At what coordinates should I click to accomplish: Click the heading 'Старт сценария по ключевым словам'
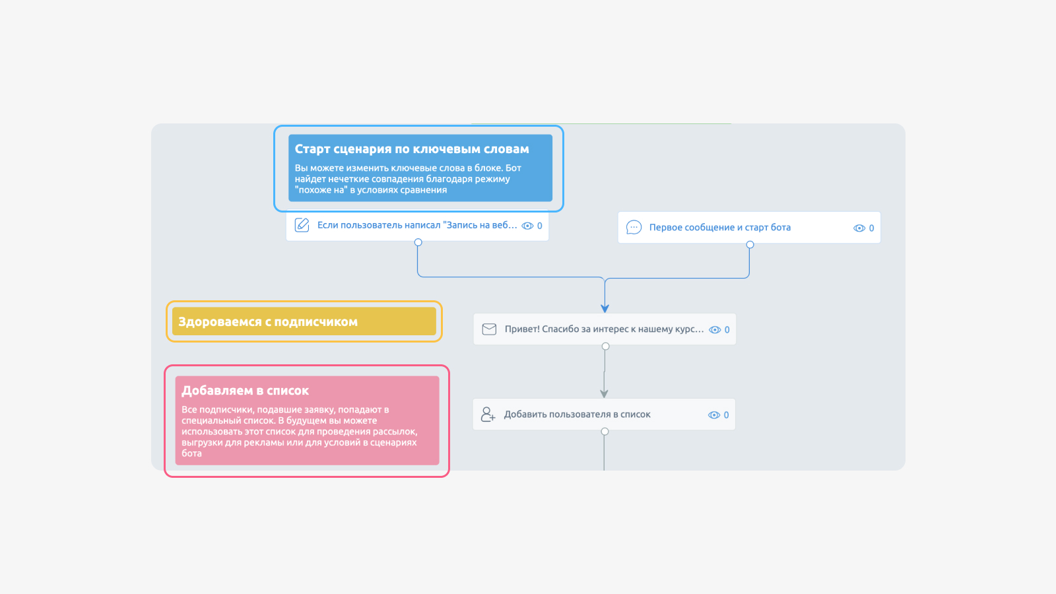coord(412,149)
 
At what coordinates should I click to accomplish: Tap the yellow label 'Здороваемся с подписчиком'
coord(268,321)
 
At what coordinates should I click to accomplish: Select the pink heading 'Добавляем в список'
coord(245,390)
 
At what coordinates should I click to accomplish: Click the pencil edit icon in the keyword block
coord(302,225)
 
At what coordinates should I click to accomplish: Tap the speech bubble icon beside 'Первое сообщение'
coord(634,227)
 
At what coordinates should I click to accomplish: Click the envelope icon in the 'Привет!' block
coord(489,329)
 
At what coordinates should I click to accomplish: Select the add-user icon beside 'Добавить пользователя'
coord(488,414)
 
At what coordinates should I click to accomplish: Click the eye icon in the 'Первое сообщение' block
coord(859,228)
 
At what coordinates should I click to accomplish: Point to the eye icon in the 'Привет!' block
coord(715,330)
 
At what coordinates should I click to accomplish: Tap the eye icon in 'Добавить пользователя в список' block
coord(713,415)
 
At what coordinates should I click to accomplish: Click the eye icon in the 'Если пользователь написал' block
coord(527,226)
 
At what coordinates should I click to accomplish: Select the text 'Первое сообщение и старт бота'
coord(720,227)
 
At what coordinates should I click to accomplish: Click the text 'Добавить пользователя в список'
coord(577,414)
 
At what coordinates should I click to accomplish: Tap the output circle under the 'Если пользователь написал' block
coord(418,242)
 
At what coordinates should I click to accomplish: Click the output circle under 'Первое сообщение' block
coord(750,245)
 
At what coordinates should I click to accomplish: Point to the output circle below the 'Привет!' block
coord(606,346)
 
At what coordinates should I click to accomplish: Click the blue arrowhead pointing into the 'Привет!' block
coord(605,309)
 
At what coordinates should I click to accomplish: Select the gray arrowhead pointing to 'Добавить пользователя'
coord(604,393)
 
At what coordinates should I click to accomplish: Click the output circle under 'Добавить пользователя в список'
coord(605,432)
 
